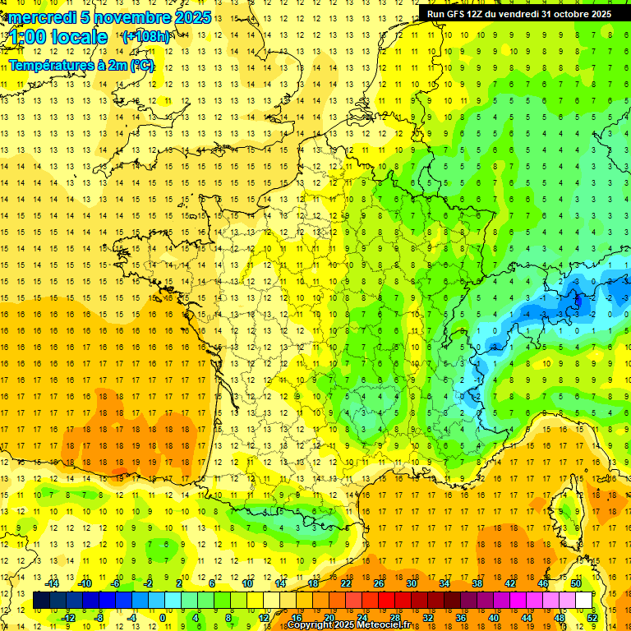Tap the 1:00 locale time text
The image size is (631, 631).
tap(58, 37)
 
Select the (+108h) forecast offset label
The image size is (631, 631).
tap(146, 37)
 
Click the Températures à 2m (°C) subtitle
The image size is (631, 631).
tap(81, 65)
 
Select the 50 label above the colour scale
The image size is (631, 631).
tap(576, 583)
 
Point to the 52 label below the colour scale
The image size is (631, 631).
tap(592, 617)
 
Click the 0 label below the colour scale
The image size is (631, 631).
tap(164, 617)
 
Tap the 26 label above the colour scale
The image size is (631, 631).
tap(379, 583)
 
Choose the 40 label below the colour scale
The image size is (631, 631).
tap(494, 617)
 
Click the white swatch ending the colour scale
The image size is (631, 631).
tap(584, 600)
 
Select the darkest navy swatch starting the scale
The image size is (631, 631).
tap(42, 600)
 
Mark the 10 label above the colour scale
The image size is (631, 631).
tap(247, 583)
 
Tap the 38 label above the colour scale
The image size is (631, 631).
tap(477, 583)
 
